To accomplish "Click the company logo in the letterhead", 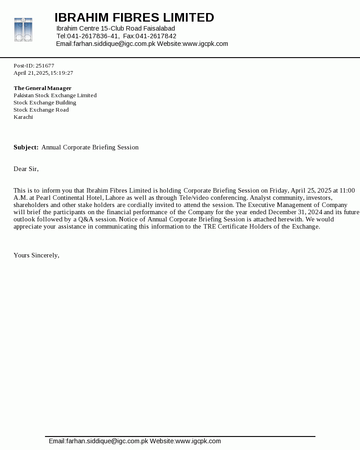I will [23, 30].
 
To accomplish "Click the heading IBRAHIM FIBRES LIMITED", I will [134, 18].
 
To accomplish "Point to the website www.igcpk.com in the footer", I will [198, 441].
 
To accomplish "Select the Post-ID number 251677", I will [45, 66].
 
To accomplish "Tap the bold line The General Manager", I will [42, 88].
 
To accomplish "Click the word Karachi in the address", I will [23, 117].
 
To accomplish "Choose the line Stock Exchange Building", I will [45, 103].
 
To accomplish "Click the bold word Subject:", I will [26, 148].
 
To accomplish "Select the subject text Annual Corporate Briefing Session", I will [90, 148].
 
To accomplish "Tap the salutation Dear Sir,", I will [26, 169].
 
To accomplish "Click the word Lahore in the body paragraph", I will [115, 198].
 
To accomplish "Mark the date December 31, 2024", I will [296, 212].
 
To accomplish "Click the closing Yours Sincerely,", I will [36, 256].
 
